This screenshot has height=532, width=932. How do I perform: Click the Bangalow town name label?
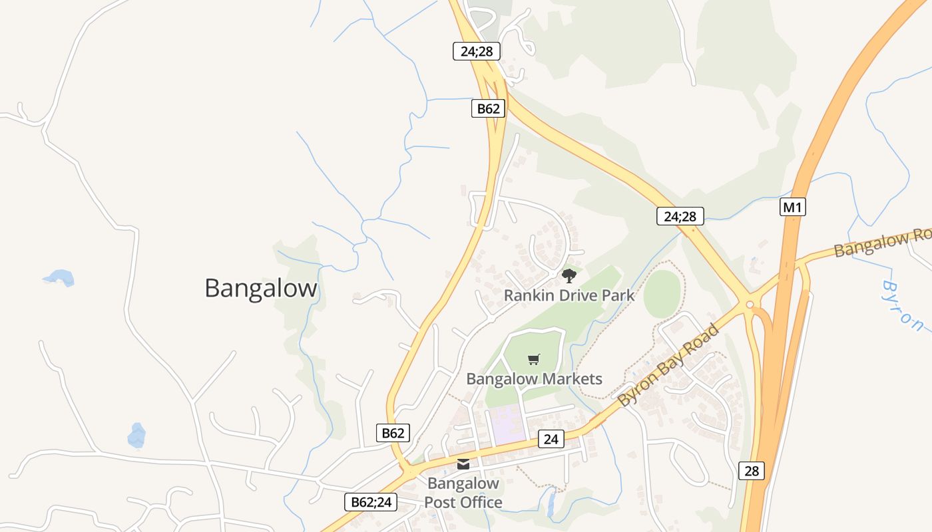[x=261, y=289]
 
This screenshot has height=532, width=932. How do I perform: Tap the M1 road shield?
[x=792, y=207]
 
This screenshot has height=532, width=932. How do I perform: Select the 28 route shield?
[x=751, y=471]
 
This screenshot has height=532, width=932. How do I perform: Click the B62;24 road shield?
[x=371, y=502]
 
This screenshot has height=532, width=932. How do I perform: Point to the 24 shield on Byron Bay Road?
[x=551, y=439]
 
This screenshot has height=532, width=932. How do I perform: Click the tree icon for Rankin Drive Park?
[x=569, y=275]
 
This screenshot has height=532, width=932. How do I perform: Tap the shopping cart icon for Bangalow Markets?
[x=533, y=360]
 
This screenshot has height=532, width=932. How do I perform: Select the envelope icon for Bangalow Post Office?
[x=463, y=464]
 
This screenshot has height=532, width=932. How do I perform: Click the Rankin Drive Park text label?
[x=569, y=295]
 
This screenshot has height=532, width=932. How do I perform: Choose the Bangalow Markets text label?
[x=534, y=379]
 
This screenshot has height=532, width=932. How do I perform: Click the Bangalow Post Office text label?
[x=463, y=493]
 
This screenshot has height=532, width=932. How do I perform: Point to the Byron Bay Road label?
[x=669, y=365]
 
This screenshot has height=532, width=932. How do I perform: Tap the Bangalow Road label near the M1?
[x=882, y=243]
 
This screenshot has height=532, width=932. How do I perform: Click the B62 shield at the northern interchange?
[x=488, y=108]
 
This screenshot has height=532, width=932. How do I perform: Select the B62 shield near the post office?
[x=392, y=433]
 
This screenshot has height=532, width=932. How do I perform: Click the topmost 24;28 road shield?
[x=476, y=51]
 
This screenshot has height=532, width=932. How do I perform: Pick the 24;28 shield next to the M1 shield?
[x=680, y=215]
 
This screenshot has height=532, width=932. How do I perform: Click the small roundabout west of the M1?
[x=750, y=305]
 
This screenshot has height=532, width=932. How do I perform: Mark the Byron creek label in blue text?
[x=903, y=305]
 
